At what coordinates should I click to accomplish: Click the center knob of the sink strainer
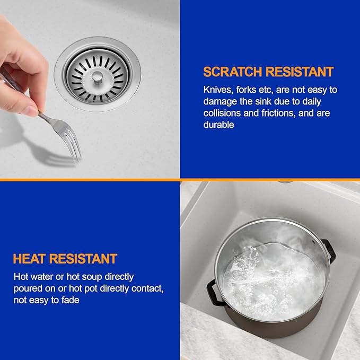coord(97,77)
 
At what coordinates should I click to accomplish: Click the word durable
coord(218,125)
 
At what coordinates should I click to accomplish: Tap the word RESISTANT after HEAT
coord(83,259)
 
